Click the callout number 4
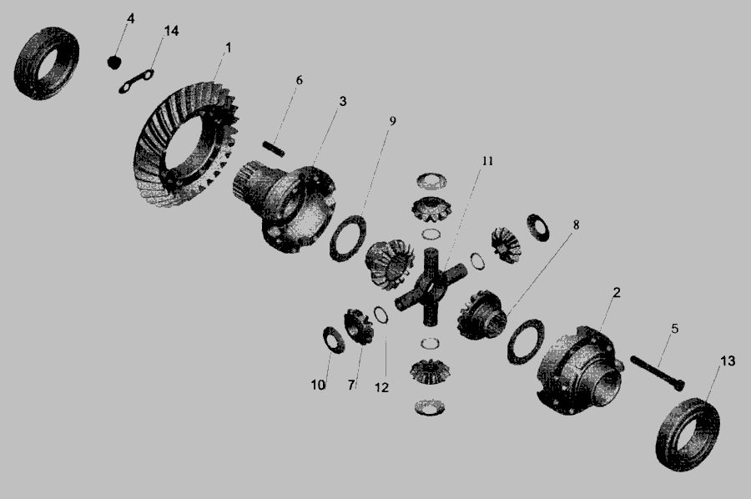pos(130,18)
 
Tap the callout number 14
pos(171,31)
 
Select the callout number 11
pos(487,161)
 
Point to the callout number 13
pos(728,360)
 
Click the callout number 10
pos(318,385)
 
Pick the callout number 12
pos(381,387)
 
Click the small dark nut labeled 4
pos(113,62)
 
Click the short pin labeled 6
pos(274,149)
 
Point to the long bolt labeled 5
pos(658,373)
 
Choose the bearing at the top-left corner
pos(47,63)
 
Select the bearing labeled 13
pos(688,434)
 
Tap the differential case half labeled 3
pos(285,207)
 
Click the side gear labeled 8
pos(481,314)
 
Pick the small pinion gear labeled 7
pos(358,327)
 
